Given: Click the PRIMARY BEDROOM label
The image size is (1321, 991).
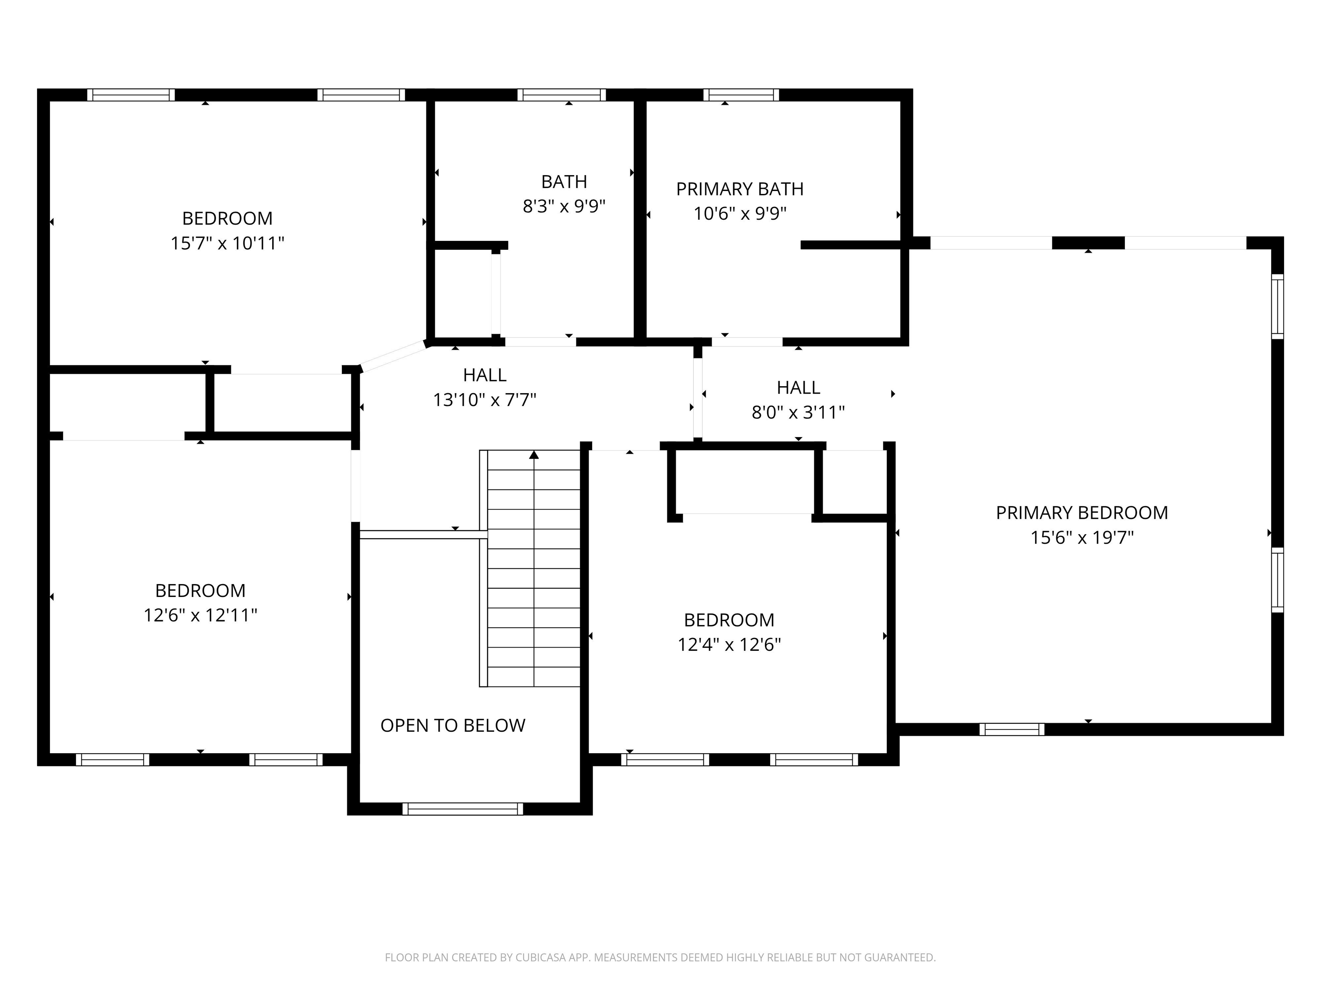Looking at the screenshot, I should click(1081, 513).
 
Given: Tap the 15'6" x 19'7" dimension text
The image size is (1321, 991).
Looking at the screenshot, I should click(1081, 538).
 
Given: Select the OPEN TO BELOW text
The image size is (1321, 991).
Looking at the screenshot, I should click(453, 725).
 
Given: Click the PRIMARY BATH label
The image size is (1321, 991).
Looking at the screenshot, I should click(739, 189).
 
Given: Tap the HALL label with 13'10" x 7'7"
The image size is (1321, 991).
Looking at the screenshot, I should click(484, 375).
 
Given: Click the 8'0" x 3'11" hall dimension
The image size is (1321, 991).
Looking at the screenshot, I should click(798, 412).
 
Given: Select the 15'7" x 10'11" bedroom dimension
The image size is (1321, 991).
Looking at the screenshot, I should click(227, 243).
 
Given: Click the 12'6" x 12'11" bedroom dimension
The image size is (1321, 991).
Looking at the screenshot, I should click(200, 615).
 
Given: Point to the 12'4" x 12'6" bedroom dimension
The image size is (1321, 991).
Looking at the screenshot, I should click(728, 645).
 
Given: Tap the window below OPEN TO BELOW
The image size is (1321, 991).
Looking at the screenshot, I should click(462, 809).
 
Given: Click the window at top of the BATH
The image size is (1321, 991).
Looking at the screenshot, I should click(561, 94).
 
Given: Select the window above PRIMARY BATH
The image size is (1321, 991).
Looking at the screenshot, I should click(741, 94).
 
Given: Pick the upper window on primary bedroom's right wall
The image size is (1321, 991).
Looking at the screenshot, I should click(1277, 306).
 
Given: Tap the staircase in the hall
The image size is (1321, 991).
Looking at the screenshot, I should click(533, 567).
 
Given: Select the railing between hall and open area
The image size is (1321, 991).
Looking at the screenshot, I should click(424, 535).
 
